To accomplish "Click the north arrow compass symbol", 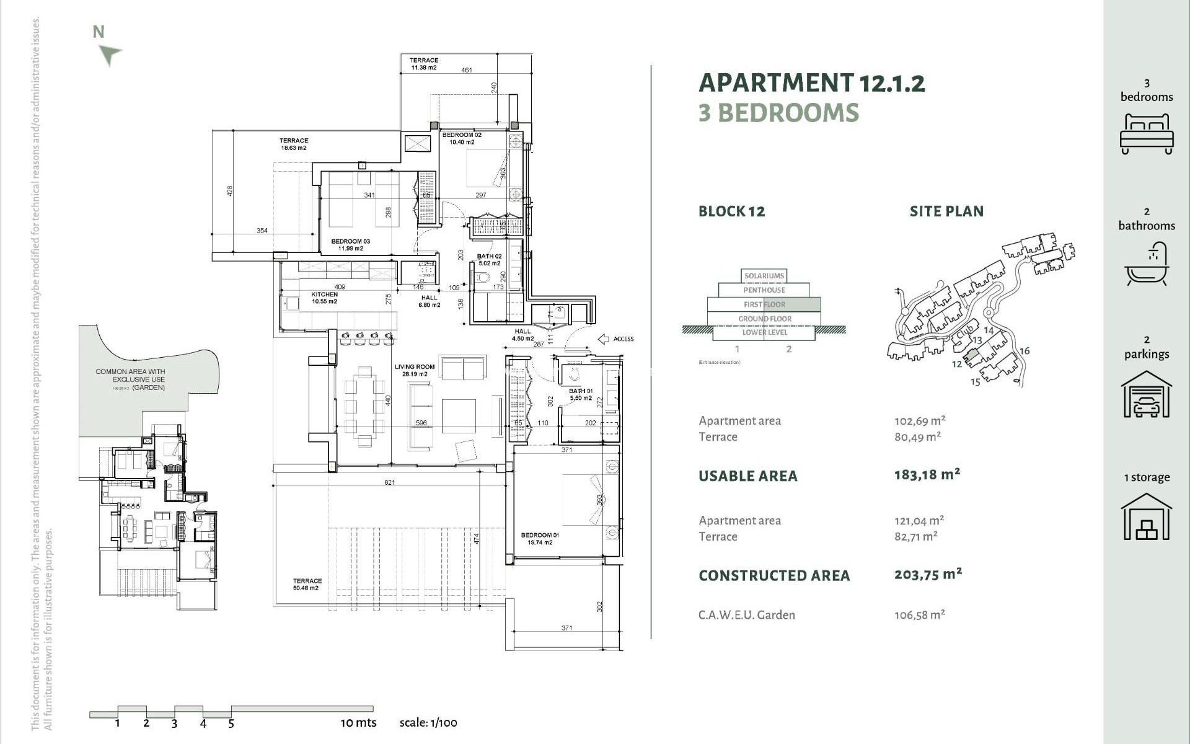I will point(110,54).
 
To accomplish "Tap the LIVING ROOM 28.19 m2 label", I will point(415,370).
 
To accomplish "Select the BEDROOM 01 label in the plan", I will point(540,538).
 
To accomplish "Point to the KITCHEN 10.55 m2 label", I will point(324,298).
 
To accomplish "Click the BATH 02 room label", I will point(489,259).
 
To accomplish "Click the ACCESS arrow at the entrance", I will point(604,339).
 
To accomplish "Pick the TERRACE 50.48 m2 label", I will point(307,584).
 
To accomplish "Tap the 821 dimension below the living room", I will point(389,482).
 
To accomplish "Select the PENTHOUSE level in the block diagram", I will point(764,290).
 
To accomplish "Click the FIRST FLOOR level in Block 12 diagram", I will point(764,304).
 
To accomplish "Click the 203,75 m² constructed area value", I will point(927,575).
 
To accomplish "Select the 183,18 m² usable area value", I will point(927,475).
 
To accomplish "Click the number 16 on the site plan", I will point(1024,351).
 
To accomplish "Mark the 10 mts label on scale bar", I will point(358,723).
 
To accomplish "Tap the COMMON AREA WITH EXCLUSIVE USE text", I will point(130,376).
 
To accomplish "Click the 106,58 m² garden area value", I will point(919,615).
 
